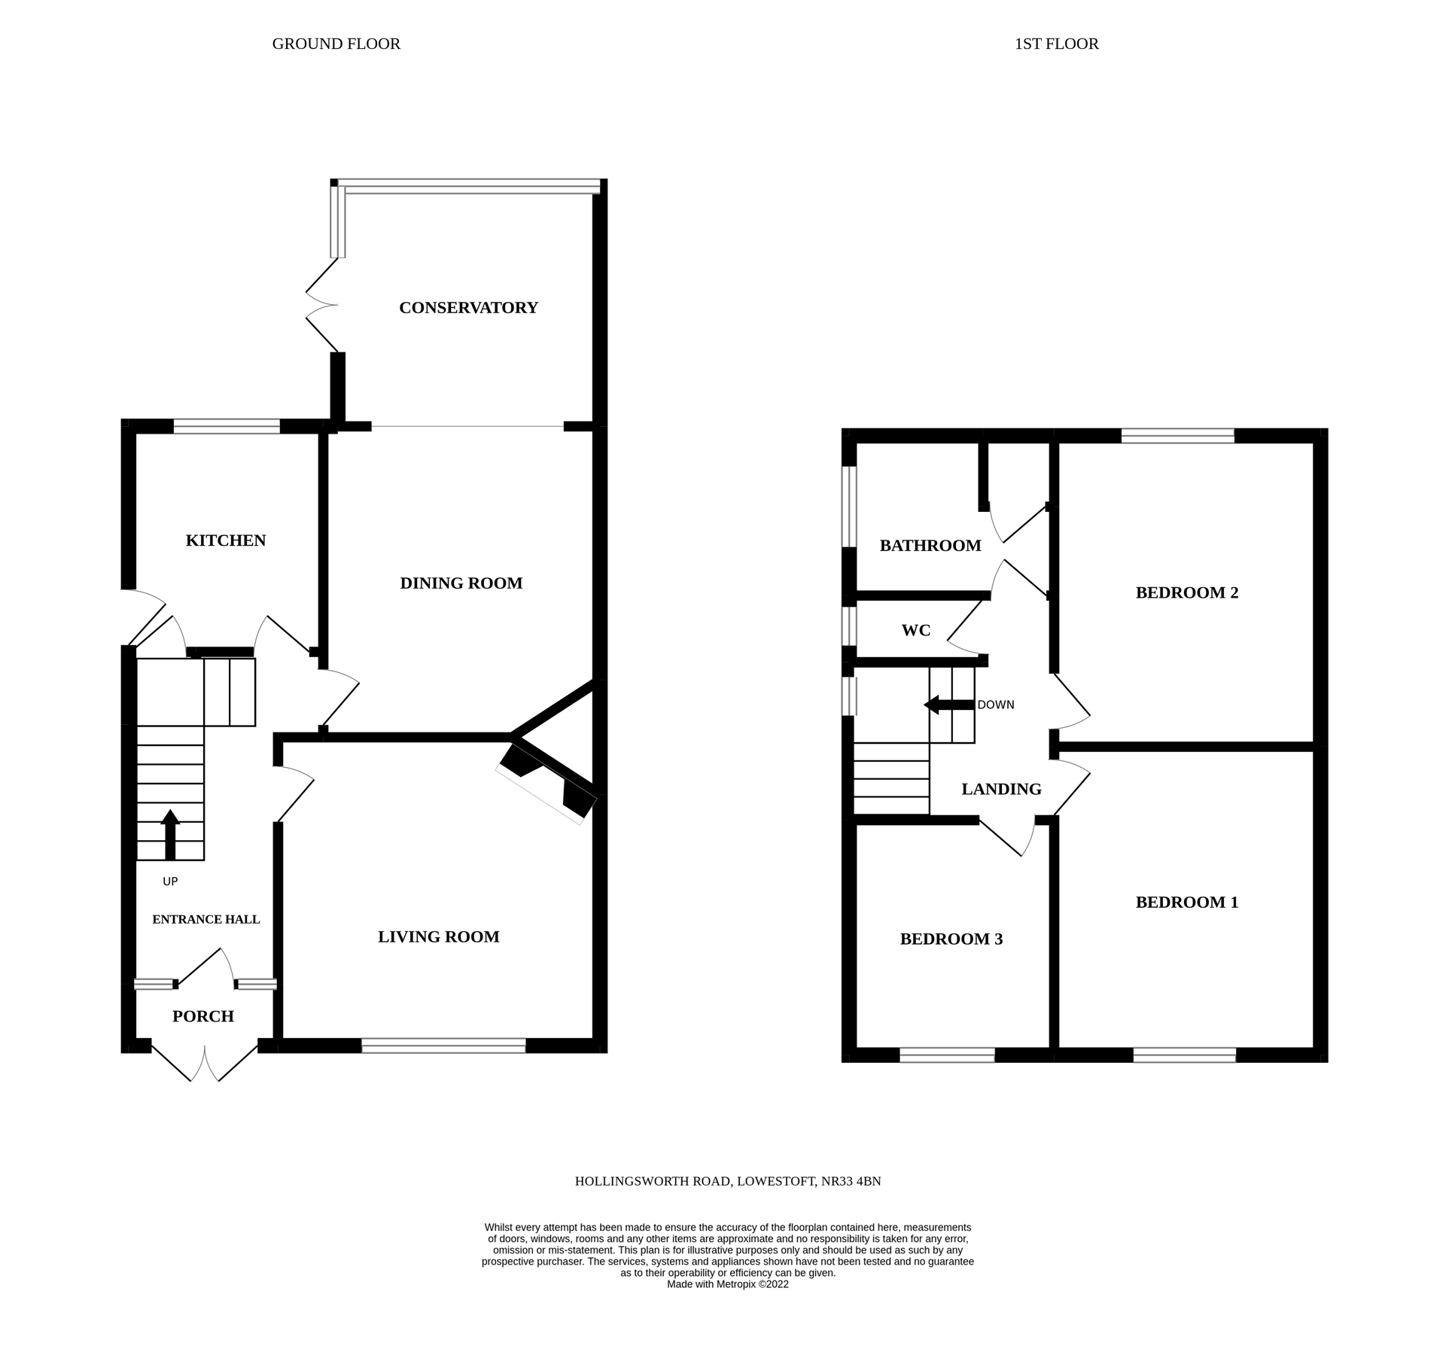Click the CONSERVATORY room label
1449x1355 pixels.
click(468, 308)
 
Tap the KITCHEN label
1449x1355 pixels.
click(226, 540)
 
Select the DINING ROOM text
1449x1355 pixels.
click(461, 583)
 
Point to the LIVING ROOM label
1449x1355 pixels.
click(438, 937)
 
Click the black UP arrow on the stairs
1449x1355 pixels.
click(170, 834)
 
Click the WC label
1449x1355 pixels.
click(916, 631)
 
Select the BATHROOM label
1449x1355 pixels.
click(930, 546)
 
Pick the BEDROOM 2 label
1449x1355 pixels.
click(1186, 593)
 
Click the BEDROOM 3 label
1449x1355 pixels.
click(951, 939)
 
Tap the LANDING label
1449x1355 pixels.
click(1001, 790)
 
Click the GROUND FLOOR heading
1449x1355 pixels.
click(336, 44)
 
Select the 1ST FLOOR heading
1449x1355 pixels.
click(1056, 44)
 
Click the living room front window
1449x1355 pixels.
click(443, 1046)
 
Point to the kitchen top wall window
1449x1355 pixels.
click(227, 427)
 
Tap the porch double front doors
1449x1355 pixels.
click(204, 1062)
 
